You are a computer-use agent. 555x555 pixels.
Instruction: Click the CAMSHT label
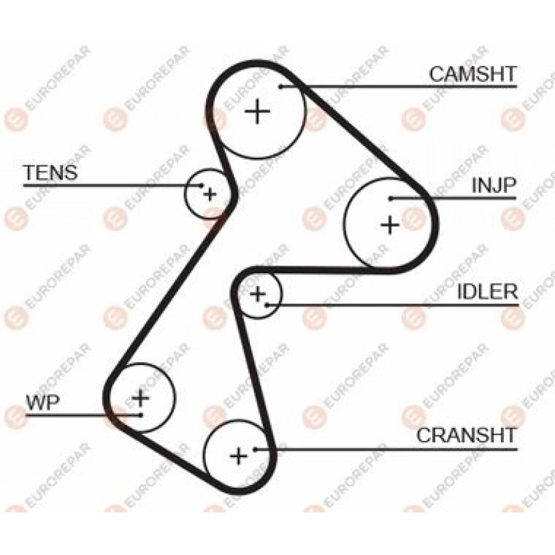(472, 75)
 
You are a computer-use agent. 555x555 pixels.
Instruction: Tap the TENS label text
(51, 173)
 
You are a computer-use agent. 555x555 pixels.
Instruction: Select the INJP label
(494, 185)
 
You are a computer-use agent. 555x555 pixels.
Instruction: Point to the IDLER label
(487, 292)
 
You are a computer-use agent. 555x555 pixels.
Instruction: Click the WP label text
(43, 402)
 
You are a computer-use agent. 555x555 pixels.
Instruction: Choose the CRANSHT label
(466, 435)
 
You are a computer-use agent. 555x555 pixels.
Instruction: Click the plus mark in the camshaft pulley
(258, 112)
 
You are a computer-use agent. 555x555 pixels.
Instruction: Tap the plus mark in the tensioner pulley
(210, 194)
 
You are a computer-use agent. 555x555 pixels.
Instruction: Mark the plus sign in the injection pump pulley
(390, 224)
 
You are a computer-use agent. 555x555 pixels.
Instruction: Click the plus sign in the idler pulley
(258, 294)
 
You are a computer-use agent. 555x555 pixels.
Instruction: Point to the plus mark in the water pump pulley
(141, 398)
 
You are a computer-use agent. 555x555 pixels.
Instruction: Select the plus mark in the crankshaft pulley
(239, 456)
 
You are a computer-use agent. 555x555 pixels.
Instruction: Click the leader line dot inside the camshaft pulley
(280, 86)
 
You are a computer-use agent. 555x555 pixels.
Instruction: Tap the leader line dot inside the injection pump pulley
(390, 199)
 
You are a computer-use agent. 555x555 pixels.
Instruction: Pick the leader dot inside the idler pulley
(267, 305)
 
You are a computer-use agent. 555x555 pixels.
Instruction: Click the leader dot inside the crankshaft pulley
(255, 450)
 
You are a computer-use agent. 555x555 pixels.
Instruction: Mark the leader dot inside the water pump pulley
(141, 415)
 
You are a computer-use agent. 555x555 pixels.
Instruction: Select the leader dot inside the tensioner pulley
(202, 185)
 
